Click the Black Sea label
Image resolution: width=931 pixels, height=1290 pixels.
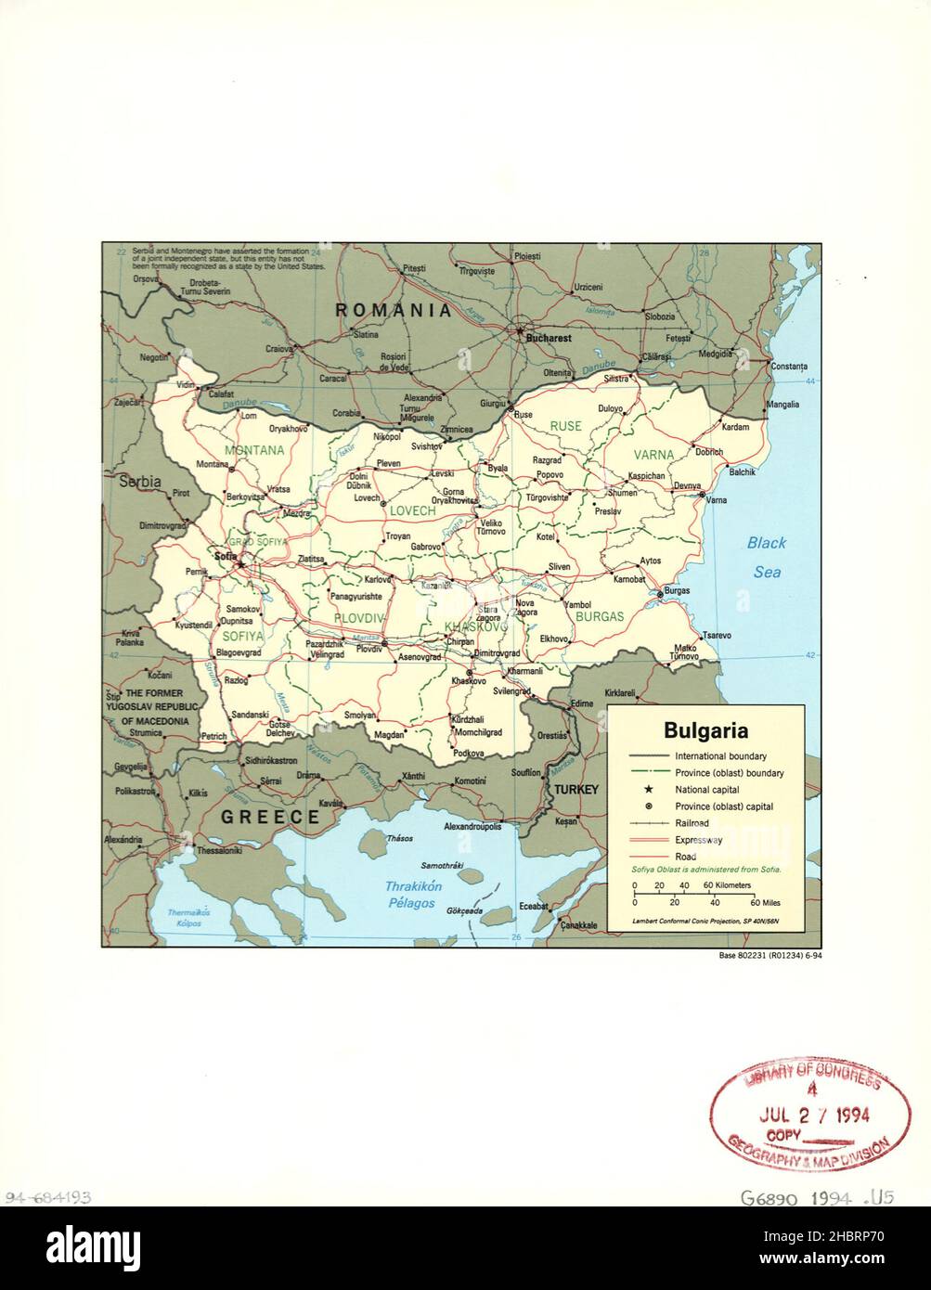point(767,557)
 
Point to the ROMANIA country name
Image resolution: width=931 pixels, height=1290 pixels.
point(394,310)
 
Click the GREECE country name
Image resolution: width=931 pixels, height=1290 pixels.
point(269,817)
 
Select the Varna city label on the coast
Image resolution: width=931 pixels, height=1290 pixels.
point(716,501)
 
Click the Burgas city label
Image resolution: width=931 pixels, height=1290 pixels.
point(677,590)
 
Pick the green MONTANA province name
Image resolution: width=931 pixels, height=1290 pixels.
point(253,451)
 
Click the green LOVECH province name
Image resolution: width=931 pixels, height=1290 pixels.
point(412,511)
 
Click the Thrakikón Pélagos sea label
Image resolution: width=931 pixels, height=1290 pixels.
point(413,895)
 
